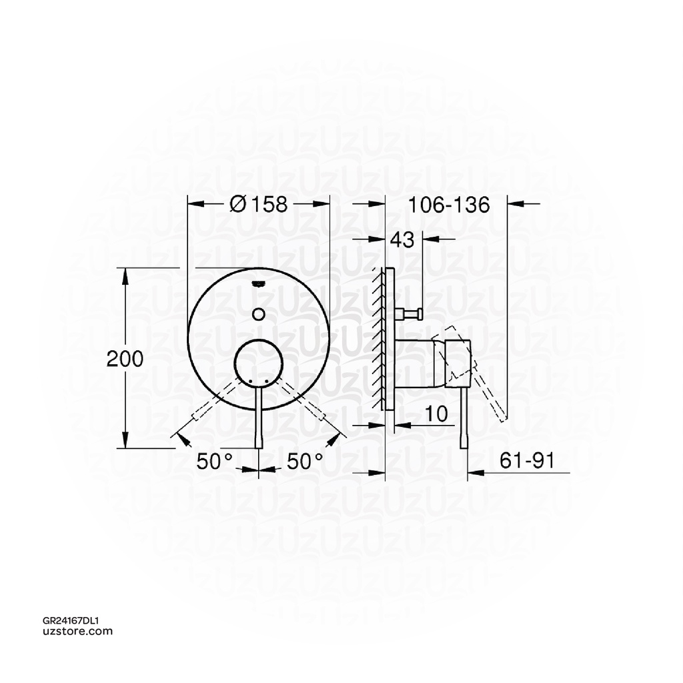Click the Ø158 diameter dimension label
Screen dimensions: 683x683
[x=258, y=204]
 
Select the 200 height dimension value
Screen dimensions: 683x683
[x=125, y=359]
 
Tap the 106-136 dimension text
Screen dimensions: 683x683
[x=449, y=204]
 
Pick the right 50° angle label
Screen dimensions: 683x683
[x=305, y=461]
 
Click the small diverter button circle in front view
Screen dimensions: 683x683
[x=259, y=313]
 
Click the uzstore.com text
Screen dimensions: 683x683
[x=77, y=631]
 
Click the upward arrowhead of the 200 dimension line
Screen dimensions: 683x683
[x=126, y=274]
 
